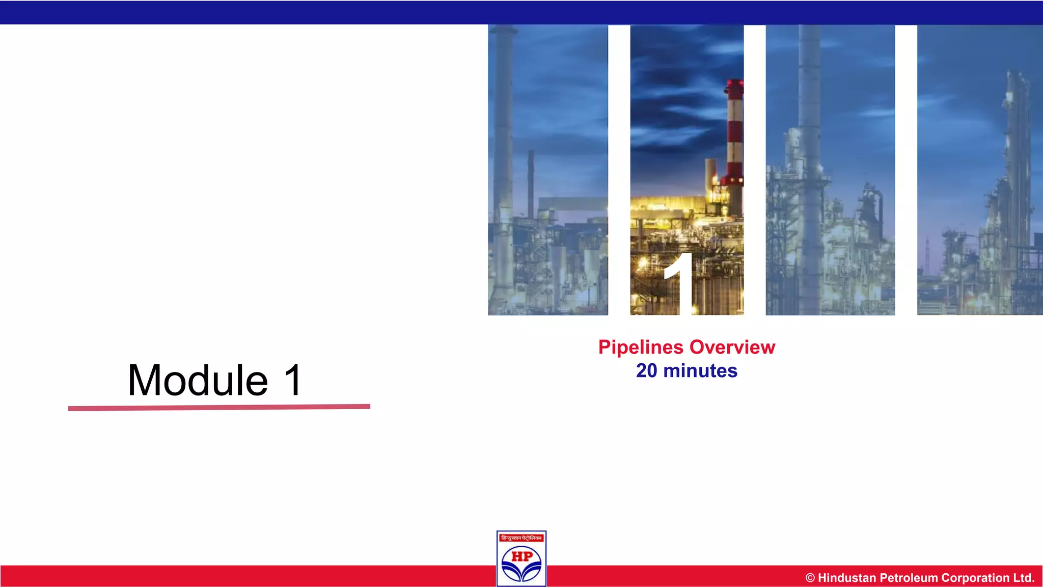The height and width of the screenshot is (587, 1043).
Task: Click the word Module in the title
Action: [198, 380]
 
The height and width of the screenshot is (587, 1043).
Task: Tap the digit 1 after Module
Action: [293, 380]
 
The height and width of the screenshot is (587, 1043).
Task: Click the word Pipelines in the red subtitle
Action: [641, 348]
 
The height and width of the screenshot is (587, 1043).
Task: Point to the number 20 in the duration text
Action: [646, 370]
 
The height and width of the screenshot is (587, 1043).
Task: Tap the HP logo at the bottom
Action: [521, 558]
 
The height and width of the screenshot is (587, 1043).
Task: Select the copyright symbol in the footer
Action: [810, 578]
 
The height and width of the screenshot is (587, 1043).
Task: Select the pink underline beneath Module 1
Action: [219, 407]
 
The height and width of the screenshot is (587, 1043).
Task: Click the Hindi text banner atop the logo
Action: [521, 538]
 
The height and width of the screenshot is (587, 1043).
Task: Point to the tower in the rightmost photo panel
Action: [1016, 168]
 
